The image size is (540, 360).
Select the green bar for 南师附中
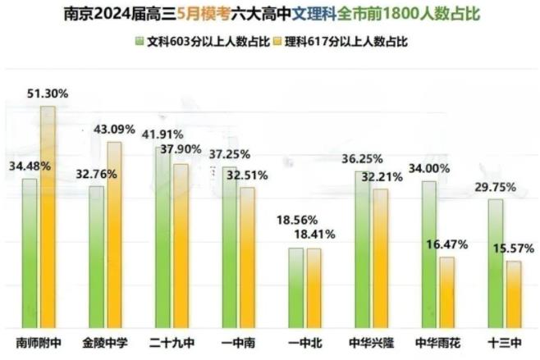(30, 252)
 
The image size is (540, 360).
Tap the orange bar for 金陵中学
(114, 234)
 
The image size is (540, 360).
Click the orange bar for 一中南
(246, 257)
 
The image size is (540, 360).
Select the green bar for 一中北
(296, 286)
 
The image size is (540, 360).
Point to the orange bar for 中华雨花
(446, 291)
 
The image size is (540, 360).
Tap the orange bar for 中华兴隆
(380, 257)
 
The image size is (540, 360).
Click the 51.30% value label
(48, 93)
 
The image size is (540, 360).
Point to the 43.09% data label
(115, 129)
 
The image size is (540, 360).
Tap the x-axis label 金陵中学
(103, 342)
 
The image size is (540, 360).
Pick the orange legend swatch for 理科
(277, 39)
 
